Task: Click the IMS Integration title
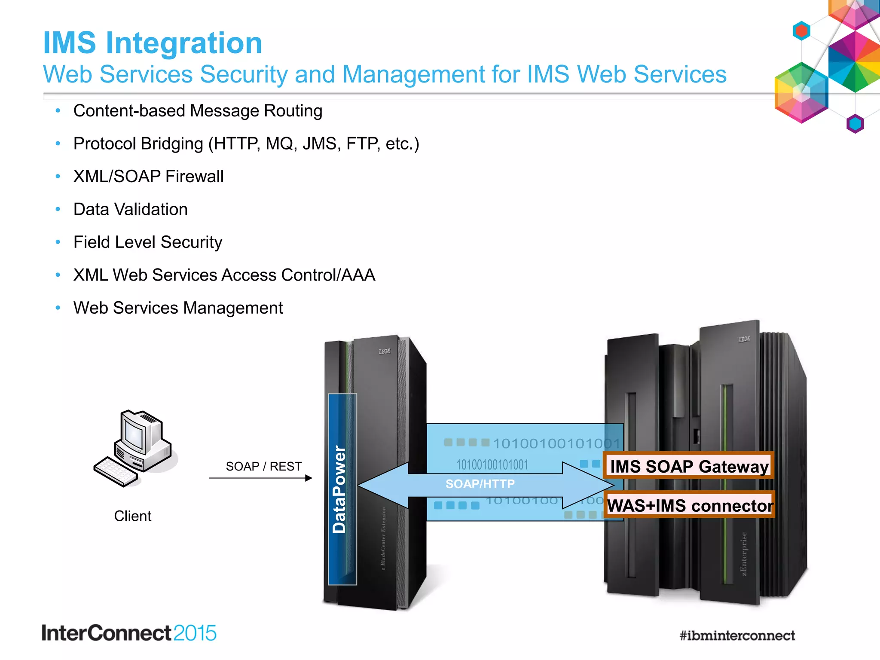153,43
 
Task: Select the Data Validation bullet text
130,210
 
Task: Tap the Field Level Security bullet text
148,242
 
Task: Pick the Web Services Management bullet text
178,308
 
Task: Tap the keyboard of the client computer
114,471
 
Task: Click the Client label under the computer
132,516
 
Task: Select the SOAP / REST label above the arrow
263,466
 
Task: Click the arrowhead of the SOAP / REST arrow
309,478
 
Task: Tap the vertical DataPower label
339,489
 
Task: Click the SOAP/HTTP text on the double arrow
480,484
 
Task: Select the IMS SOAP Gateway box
689,466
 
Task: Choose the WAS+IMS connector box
690,505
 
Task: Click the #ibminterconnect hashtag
736,636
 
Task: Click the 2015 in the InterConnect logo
195,633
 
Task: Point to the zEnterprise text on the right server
744,554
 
